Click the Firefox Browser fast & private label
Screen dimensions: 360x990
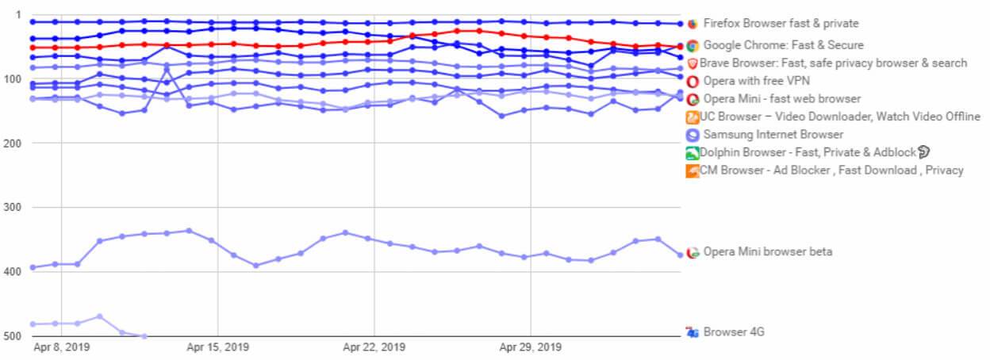[x=781, y=24]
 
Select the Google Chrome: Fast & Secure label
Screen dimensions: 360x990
[x=783, y=45]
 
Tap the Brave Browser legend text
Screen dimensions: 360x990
[x=833, y=63]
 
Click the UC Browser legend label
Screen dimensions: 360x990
[x=840, y=117]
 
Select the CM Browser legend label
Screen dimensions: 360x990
[x=831, y=170]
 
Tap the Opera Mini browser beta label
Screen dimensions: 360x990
[x=768, y=252]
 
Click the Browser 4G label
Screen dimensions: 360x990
[x=734, y=332]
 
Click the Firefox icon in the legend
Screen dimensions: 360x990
[x=693, y=24]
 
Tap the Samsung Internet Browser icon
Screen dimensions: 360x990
[x=693, y=135]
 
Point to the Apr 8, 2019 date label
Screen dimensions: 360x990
[x=62, y=347]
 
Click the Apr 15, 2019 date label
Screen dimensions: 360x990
[x=217, y=347]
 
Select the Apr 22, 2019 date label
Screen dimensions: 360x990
[x=374, y=347]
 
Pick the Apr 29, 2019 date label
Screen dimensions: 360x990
[x=530, y=347]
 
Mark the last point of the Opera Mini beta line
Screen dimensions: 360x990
[x=680, y=255]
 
